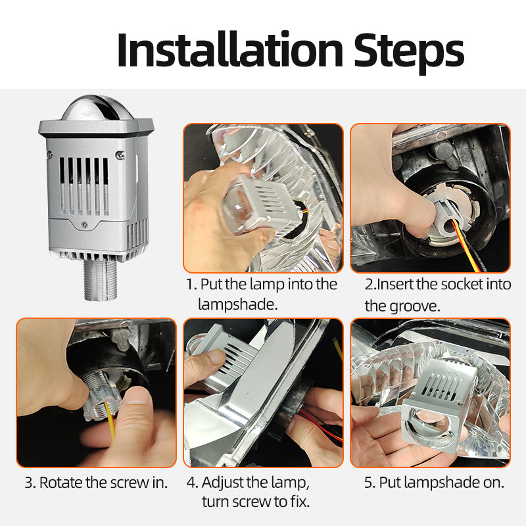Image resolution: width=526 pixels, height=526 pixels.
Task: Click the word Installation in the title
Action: coord(230,50)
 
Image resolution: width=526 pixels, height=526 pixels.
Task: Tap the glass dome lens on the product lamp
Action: coord(97,108)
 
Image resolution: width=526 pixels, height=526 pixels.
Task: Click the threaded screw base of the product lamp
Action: coord(101,280)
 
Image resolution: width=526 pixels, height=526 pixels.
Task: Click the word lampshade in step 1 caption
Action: coord(237,304)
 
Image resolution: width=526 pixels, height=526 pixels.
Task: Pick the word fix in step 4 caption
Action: coord(300,502)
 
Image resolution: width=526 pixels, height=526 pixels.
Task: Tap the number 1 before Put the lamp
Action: coord(191,285)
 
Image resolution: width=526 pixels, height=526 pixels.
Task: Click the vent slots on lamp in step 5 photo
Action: coord(439,386)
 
